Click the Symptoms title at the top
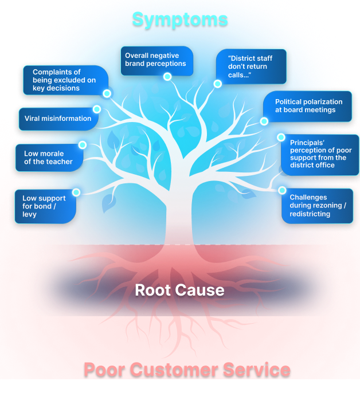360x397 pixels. pos(180,19)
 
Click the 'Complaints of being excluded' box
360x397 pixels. pos(64,80)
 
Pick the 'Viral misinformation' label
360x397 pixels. pos(58,119)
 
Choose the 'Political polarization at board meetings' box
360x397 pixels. pos(308,106)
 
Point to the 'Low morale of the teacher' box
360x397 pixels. pos(48,158)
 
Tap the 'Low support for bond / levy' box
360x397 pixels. pos(45,206)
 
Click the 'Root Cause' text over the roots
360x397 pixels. pos(179,290)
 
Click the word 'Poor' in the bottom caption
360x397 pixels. pos(104,370)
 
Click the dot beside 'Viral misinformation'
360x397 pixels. pos(97,109)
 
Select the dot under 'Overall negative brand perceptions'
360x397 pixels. pos(167,76)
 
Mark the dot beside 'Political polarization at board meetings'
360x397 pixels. pos(264,121)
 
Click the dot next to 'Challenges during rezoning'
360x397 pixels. pos(282,190)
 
